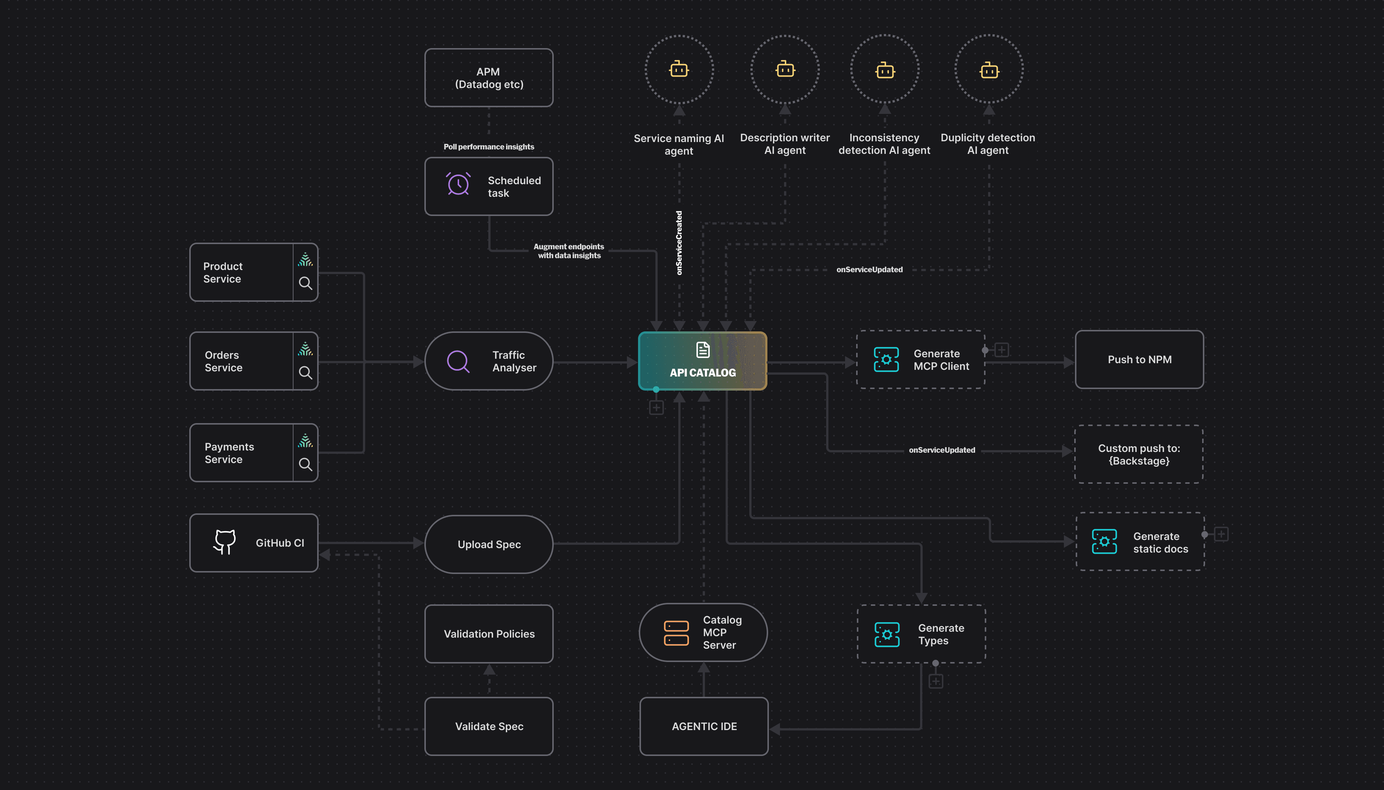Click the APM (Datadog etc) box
(x=489, y=78)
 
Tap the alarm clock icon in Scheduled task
(x=458, y=184)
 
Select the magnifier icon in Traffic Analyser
(x=458, y=361)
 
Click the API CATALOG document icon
(x=703, y=350)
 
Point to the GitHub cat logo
(x=224, y=542)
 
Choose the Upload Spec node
(x=489, y=544)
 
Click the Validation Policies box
(x=489, y=634)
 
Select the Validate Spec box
(x=489, y=726)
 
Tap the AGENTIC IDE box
(x=704, y=726)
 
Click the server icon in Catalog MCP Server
(x=676, y=633)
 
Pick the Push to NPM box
(x=1139, y=359)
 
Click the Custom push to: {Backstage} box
(x=1139, y=454)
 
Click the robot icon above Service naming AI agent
(x=679, y=70)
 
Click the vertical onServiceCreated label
(x=679, y=243)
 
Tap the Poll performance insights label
(x=489, y=146)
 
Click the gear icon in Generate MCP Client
(x=886, y=359)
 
